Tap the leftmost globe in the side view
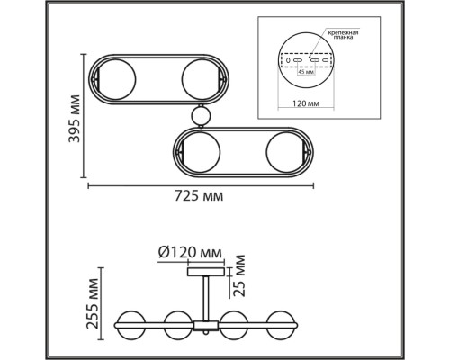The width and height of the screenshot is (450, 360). coord(131,323)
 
